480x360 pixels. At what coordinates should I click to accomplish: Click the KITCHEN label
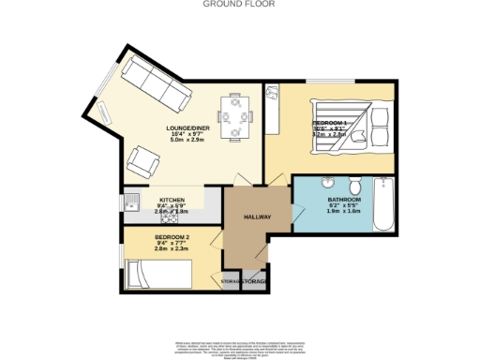tap(171, 201)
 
